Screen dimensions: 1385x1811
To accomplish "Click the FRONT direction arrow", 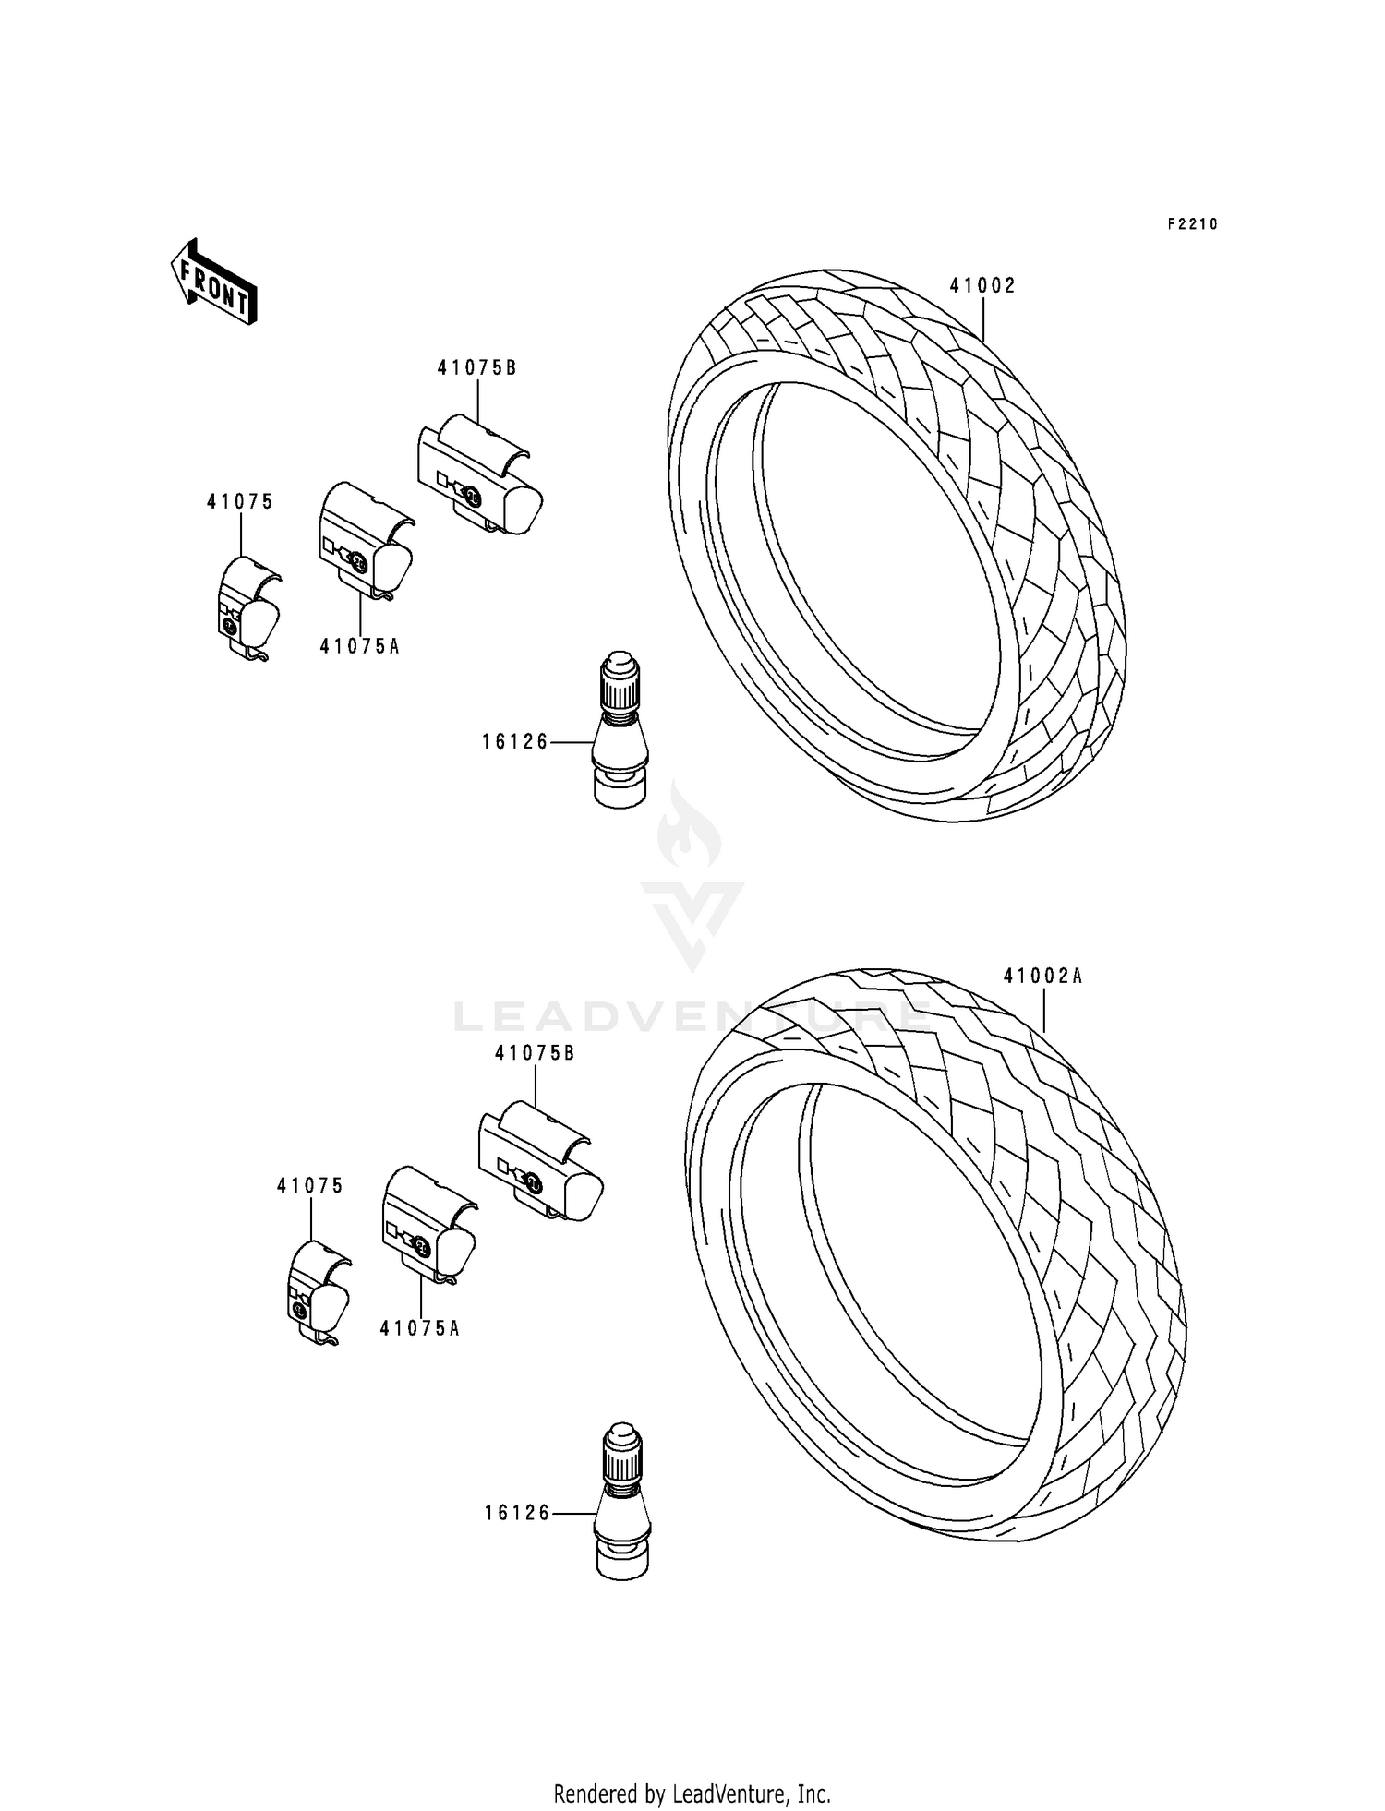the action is point(212,282).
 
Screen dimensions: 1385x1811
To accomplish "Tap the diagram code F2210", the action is point(1192,224).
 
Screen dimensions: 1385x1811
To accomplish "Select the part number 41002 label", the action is point(982,286).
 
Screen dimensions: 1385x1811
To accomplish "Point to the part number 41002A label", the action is point(1042,976).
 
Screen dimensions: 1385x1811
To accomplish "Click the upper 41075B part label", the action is point(476,367).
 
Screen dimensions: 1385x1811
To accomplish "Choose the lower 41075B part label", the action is point(535,1053).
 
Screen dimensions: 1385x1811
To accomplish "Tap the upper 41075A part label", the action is point(359,646).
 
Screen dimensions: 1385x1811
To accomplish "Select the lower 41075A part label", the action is point(419,1328).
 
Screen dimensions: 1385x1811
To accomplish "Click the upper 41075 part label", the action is point(240,502).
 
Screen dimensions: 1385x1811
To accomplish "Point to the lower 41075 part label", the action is point(310,1186).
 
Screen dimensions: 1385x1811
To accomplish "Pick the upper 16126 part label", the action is point(515,741).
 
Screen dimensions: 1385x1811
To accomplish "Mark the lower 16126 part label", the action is point(517,1513).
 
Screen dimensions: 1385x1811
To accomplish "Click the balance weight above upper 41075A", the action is point(365,540).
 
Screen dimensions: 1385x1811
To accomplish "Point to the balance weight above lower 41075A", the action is point(428,1227).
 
